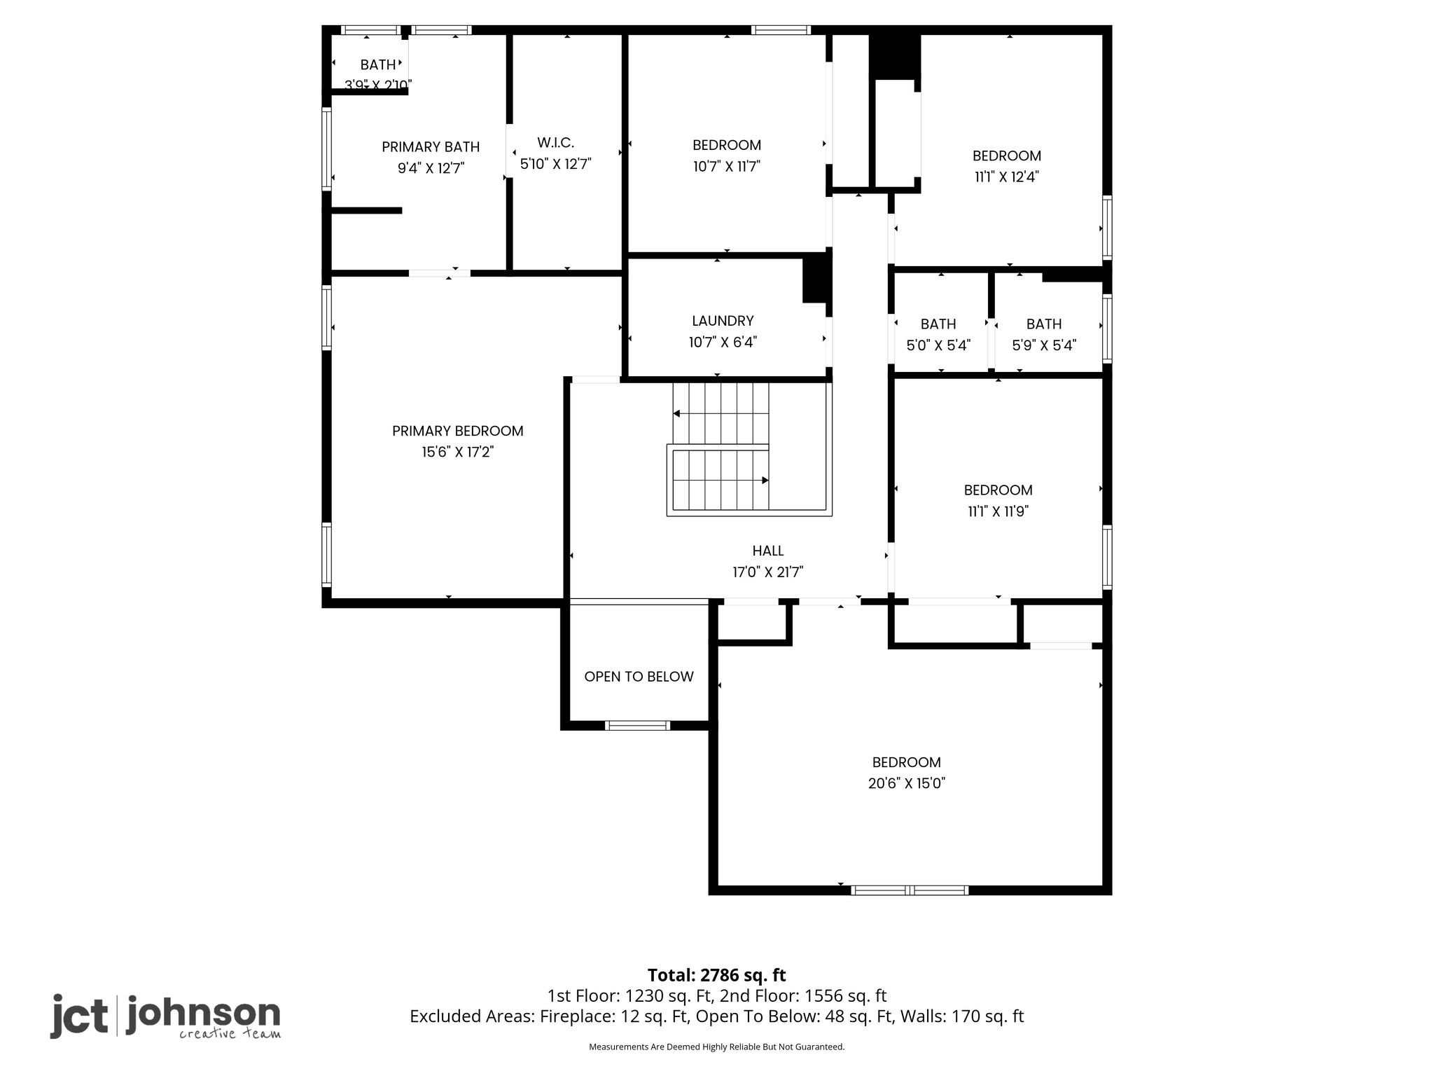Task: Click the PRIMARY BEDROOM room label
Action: pyautogui.click(x=457, y=431)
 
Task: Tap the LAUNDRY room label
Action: pyautogui.click(x=723, y=321)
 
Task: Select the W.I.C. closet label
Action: pyautogui.click(x=556, y=143)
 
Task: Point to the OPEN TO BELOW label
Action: pyautogui.click(x=639, y=677)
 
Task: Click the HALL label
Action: pyautogui.click(x=768, y=551)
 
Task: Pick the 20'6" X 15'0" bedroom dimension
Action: pyautogui.click(x=907, y=783)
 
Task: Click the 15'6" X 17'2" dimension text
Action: pyautogui.click(x=457, y=452)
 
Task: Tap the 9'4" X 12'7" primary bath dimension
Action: pyautogui.click(x=431, y=168)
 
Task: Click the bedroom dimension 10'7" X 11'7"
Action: pyautogui.click(x=727, y=166)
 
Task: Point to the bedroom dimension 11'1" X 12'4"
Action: pyautogui.click(x=1007, y=177)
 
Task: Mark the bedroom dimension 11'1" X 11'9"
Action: pyautogui.click(x=998, y=511)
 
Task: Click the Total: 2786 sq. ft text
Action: pyautogui.click(x=717, y=975)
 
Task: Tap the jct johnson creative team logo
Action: pyautogui.click(x=165, y=1016)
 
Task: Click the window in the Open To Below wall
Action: pyautogui.click(x=637, y=726)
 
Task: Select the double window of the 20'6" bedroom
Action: pyautogui.click(x=910, y=890)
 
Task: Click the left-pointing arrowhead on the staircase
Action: pyautogui.click(x=676, y=413)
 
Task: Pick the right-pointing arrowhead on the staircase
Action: pyautogui.click(x=765, y=480)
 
